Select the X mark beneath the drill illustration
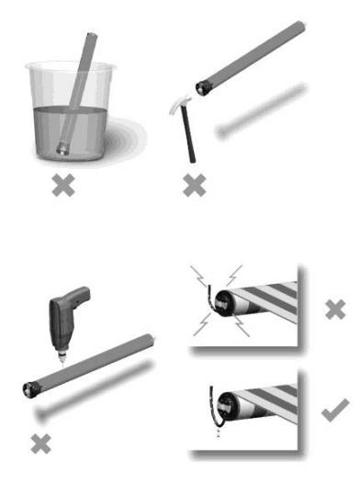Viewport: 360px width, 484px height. tap(40, 444)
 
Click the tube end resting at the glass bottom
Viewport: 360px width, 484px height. tap(62, 145)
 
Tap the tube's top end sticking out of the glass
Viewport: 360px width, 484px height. tap(91, 39)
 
